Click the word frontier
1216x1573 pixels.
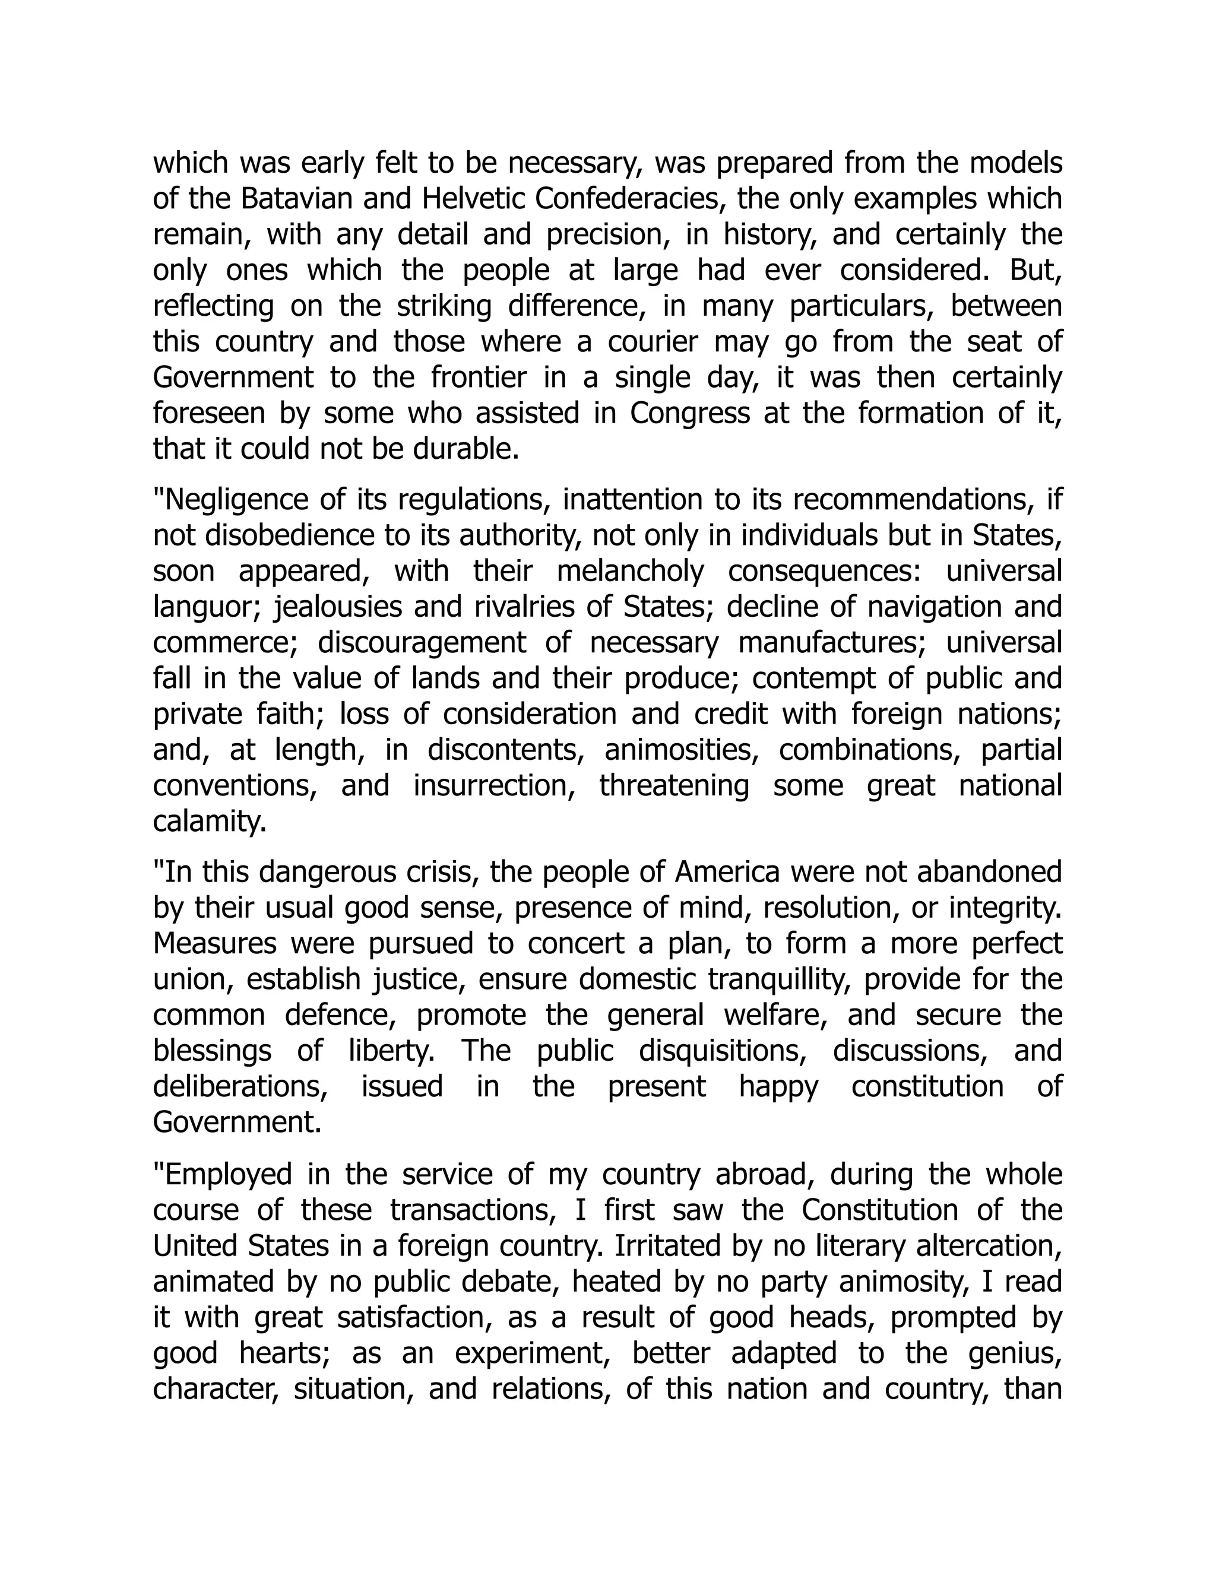(479, 378)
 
